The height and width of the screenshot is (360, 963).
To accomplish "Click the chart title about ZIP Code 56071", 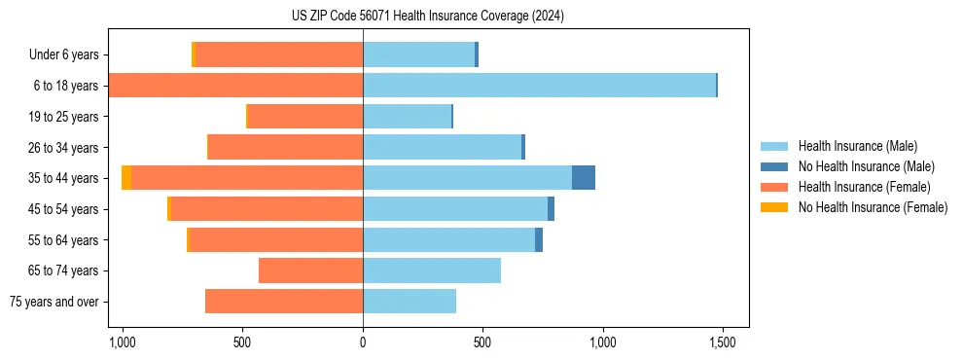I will click(427, 16).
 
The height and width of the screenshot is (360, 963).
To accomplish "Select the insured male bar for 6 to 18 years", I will click(539, 86).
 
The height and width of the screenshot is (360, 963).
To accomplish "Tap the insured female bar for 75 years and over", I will click(284, 302).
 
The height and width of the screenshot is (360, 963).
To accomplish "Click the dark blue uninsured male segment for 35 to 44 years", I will click(584, 178).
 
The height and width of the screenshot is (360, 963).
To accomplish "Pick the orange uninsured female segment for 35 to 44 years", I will click(126, 178).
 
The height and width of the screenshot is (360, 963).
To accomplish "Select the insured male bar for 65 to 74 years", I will click(432, 270).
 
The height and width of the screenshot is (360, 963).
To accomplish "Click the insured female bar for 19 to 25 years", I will click(305, 117).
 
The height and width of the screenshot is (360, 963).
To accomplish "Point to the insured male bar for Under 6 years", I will click(418, 54).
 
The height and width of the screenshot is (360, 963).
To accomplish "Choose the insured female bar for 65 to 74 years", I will click(310, 270).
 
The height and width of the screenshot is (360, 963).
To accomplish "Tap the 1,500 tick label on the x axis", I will click(722, 343).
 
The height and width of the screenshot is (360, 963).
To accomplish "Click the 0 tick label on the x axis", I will click(363, 343).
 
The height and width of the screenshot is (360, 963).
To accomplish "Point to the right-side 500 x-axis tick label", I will click(482, 343).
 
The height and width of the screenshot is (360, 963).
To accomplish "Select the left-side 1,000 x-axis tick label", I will click(123, 343).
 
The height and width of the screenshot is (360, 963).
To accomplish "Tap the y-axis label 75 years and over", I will click(54, 302).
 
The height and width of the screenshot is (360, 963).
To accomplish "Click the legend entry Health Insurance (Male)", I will click(857, 146).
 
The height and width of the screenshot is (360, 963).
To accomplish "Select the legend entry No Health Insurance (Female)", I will click(873, 207).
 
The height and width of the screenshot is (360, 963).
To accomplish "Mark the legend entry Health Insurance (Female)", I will click(864, 187).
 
